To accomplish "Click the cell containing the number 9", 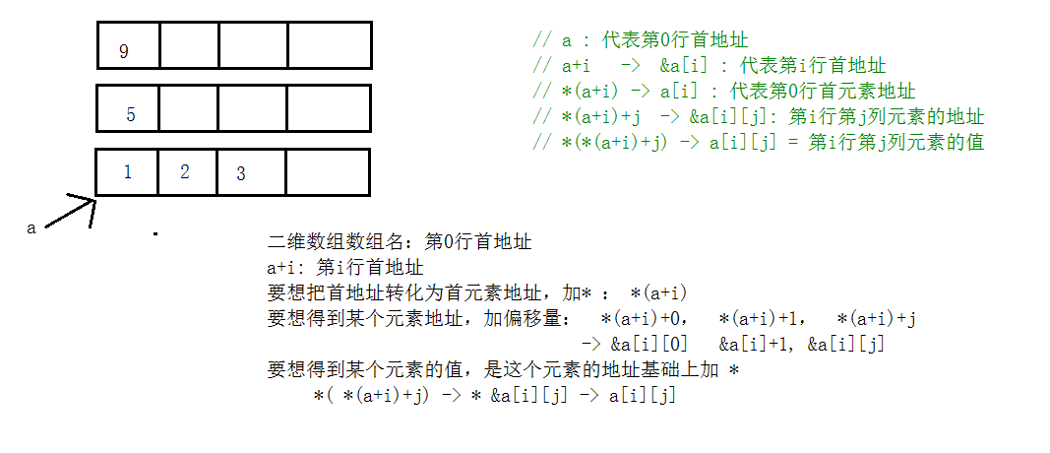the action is tap(128, 45).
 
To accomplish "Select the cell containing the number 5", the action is tap(128, 108).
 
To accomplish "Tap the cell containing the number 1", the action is tap(127, 172).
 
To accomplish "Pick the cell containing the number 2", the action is tap(187, 172).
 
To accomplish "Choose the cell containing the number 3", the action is tap(252, 172).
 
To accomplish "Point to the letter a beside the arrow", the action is tap(31, 227).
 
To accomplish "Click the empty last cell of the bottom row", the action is tap(328, 172).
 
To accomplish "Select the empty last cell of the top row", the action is tap(329, 45).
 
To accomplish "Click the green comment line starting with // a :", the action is tap(640, 41).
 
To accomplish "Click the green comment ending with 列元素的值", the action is tap(758, 142).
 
